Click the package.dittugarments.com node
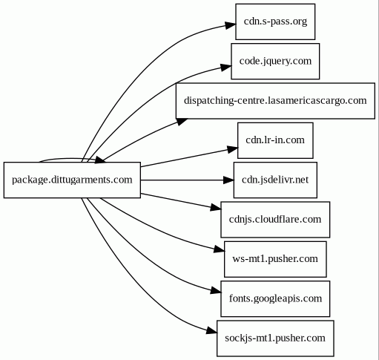pos(72,180)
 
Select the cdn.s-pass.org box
pos(275,22)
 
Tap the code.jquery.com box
pos(275,62)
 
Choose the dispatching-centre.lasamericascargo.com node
pos(275,101)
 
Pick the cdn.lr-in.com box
pos(275,140)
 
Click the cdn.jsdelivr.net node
pos(275,180)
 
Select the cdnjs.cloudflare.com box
pos(275,220)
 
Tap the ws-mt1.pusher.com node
pos(275,259)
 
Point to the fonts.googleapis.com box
pos(275,299)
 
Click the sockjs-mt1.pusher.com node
pos(275,338)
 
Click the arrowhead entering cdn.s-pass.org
pos(231,25)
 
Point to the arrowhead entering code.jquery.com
pos(226,67)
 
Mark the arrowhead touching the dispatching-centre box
pos(182,121)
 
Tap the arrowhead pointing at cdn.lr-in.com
pos(232,149)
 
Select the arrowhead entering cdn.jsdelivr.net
pos(228,180)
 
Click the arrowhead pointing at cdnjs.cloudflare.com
pos(216,207)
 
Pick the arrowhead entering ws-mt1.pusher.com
pos(219,249)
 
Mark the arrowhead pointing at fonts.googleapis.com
pos(216,291)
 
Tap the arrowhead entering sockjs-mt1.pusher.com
pos(211,331)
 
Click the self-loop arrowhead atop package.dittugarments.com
pos(100,160)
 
